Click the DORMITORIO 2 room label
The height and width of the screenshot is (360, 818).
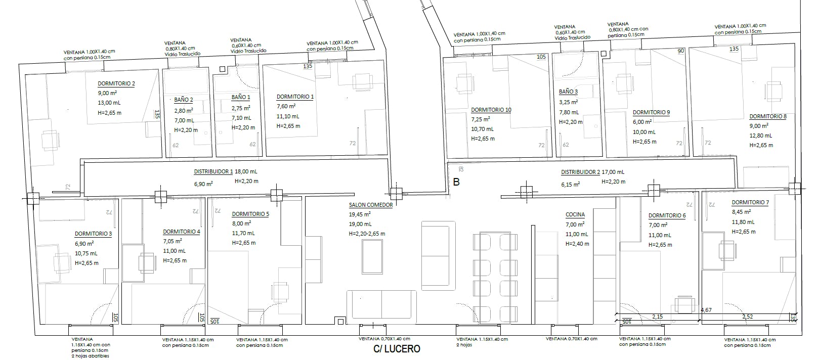click(x=116, y=83)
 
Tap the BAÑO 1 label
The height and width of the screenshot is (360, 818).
click(x=241, y=98)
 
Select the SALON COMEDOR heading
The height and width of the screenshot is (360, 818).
click(x=371, y=205)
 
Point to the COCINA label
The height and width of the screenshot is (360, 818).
click(x=575, y=215)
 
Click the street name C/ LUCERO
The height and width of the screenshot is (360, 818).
click(x=397, y=349)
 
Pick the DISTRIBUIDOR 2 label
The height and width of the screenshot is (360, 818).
click(x=580, y=172)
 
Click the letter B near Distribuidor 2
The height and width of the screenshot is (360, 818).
click(x=456, y=182)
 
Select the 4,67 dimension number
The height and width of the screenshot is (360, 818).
click(x=706, y=310)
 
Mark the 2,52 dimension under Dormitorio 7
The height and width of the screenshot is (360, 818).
click(x=748, y=317)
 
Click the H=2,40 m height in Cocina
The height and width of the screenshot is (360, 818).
click(x=577, y=244)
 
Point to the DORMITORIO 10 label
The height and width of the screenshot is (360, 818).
click(x=491, y=110)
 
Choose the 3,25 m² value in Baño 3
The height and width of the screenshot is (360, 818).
click(x=568, y=102)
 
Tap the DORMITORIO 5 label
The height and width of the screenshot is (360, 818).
click(x=250, y=214)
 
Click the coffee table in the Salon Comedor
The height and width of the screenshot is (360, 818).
click(x=372, y=257)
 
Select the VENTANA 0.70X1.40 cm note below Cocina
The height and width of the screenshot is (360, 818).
click(x=572, y=339)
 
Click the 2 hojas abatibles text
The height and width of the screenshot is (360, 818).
click(x=90, y=356)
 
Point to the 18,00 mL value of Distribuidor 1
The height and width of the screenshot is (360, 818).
click(x=246, y=171)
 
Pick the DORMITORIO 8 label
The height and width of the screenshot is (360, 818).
click(x=768, y=117)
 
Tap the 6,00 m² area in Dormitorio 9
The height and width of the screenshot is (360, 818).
click(x=642, y=122)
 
